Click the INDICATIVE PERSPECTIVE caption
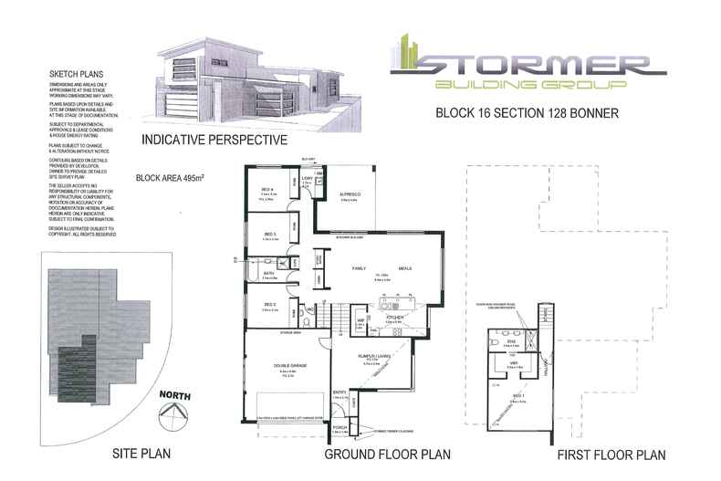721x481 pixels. tap(214, 141)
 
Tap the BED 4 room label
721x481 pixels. tap(267, 190)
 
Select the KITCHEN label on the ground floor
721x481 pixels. tap(393, 319)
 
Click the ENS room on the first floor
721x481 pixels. tap(512, 341)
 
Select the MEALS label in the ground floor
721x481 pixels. tap(404, 268)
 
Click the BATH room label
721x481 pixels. tap(269, 273)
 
